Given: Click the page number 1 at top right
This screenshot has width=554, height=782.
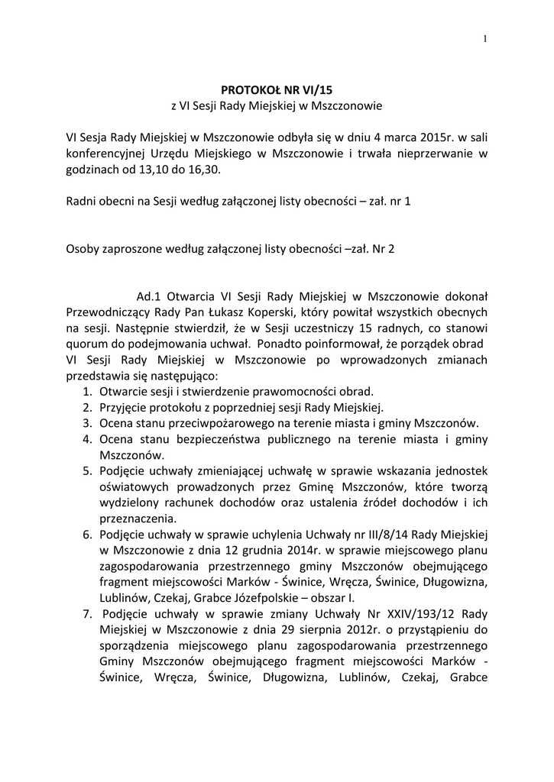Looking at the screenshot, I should [484, 40].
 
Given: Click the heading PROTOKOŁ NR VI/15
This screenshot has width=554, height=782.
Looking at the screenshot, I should [276, 89].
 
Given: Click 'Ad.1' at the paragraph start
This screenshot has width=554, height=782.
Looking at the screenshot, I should [149, 296].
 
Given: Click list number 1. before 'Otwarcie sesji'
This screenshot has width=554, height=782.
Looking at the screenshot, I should [88, 392].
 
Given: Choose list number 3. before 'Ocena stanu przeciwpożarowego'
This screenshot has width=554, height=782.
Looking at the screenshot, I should [88, 423].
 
